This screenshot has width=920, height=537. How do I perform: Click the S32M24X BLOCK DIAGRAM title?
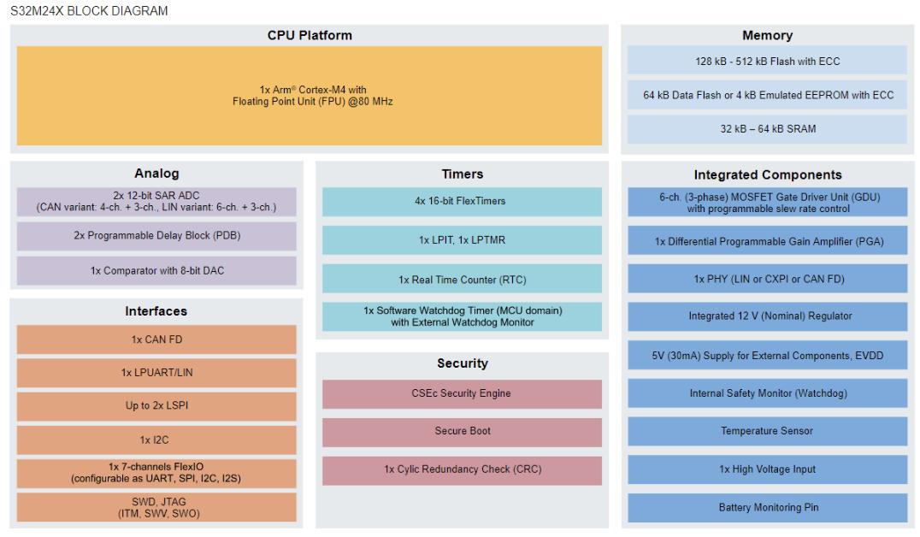(89, 11)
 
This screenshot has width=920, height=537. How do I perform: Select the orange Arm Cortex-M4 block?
(310, 96)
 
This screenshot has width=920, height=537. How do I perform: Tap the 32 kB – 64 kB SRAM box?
(768, 129)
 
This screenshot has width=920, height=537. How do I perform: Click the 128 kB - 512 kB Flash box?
(768, 61)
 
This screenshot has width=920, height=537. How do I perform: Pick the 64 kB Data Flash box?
(768, 95)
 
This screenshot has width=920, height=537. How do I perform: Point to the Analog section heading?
(156, 173)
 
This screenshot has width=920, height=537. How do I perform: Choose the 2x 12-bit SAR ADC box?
(156, 201)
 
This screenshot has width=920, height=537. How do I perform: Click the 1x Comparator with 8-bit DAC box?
(156, 270)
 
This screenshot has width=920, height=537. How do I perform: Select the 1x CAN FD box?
(156, 339)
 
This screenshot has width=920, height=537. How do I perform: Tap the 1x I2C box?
(156, 440)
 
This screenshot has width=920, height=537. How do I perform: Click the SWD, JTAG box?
(156, 508)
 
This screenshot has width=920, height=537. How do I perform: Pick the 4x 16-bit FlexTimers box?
(462, 201)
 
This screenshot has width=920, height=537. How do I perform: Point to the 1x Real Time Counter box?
(462, 279)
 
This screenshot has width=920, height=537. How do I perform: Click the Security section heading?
(463, 363)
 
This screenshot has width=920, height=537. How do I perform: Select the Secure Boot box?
(462, 432)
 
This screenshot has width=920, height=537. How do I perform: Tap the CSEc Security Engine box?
(462, 394)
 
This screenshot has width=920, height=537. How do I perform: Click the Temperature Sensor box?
(768, 431)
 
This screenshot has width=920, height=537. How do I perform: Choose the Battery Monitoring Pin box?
(768, 508)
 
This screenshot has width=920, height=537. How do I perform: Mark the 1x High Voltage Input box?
(768, 469)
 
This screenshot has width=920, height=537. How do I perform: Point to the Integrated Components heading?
(768, 175)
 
